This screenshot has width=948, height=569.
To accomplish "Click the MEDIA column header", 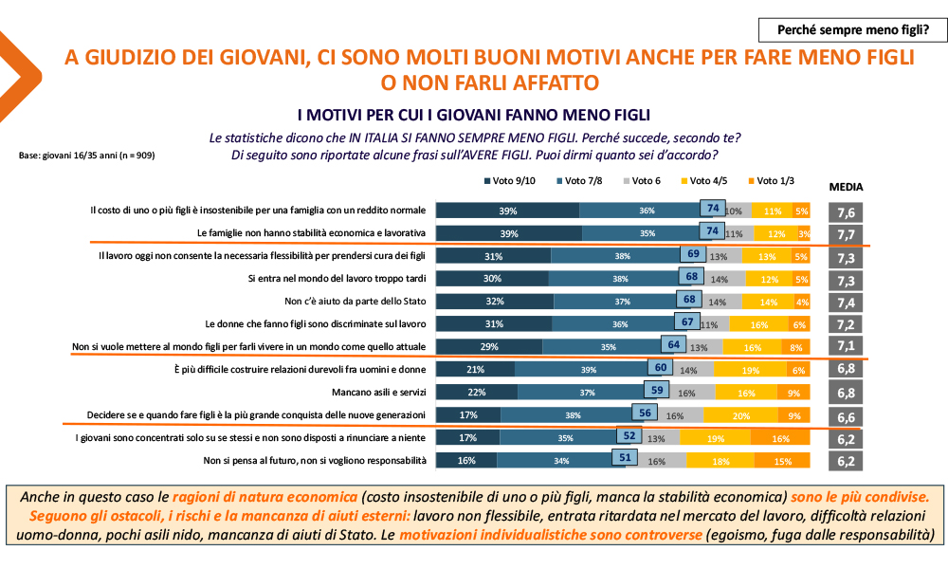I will coord(847,187).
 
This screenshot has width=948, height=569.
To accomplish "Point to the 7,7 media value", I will coord(847,234).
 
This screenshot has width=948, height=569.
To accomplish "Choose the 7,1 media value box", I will coord(847,347).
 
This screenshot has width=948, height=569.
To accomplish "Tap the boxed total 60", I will coord(663,369).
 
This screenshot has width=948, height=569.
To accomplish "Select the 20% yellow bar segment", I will coord(740,414).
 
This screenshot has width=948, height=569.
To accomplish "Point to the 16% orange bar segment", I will coord(781,438).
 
